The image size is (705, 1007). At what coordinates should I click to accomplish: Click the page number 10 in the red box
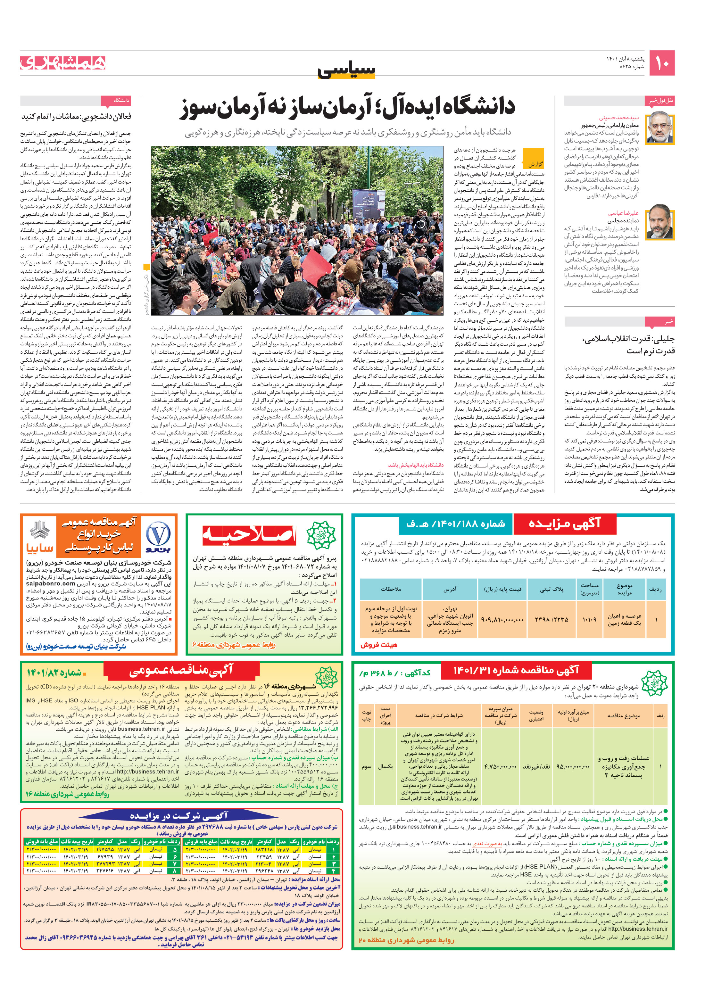(661, 63)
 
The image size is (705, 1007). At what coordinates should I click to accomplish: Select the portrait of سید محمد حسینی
(661, 128)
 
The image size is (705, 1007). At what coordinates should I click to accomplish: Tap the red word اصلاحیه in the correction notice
(249, 535)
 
